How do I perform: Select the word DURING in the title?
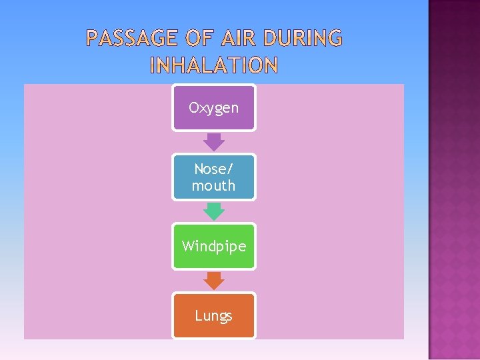(x=303, y=39)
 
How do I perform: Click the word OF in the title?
(x=197, y=39)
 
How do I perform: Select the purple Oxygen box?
(x=214, y=107)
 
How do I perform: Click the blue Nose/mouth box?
(x=214, y=177)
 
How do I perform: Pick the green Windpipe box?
(x=214, y=246)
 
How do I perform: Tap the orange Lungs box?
(x=214, y=315)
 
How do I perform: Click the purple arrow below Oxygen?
(x=214, y=141)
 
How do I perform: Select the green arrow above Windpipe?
(x=214, y=211)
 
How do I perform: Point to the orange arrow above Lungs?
(x=214, y=281)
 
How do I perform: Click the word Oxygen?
(x=214, y=107)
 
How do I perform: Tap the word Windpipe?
(x=214, y=246)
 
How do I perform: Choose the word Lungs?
(x=214, y=315)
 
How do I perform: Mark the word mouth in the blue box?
(x=214, y=185)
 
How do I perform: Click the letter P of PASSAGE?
(x=93, y=39)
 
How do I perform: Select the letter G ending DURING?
(x=335, y=39)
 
